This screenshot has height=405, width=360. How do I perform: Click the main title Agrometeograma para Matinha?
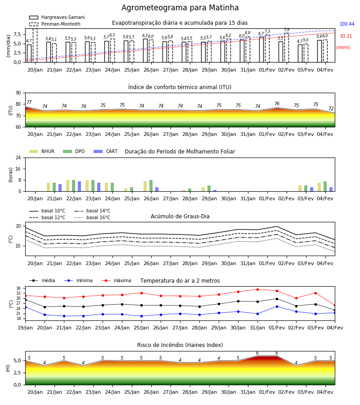(x=180, y=8)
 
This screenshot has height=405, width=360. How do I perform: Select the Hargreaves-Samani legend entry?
(x=57, y=17)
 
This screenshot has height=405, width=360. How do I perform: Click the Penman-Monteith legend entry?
(x=55, y=24)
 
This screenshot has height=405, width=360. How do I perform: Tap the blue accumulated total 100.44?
(x=347, y=24)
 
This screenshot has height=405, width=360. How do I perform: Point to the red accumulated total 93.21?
(x=346, y=36)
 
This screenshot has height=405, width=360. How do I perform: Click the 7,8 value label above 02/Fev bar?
(x=287, y=30)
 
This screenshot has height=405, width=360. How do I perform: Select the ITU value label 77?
(x=29, y=102)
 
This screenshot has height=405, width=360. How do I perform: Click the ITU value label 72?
(x=331, y=108)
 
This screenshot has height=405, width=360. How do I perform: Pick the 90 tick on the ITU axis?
(x=18, y=93)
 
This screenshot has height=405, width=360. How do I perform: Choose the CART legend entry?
(x=106, y=151)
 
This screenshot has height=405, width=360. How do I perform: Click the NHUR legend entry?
(x=42, y=151)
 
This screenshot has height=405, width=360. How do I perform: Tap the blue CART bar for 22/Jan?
(x=79, y=186)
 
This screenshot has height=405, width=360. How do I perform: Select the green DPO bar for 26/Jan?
(x=151, y=186)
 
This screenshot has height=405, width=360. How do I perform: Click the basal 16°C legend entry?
(x=92, y=217)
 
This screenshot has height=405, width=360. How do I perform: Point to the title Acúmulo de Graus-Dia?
(x=180, y=216)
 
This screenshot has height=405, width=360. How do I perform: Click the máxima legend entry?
(x=116, y=280)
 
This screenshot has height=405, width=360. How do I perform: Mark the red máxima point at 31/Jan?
(x=257, y=289)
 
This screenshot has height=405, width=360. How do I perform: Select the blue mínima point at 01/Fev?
(x=277, y=306)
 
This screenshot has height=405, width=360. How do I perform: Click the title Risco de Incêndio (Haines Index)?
(x=180, y=345)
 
